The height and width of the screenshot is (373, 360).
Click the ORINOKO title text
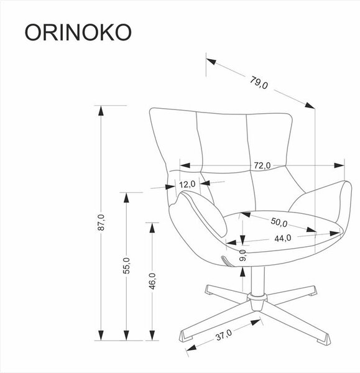pyautogui.click(x=78, y=32)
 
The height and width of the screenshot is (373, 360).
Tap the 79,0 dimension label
pyautogui.click(x=259, y=83)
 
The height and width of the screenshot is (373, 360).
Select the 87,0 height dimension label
pyautogui.click(x=101, y=223)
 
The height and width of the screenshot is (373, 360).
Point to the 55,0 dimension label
pyautogui.click(x=127, y=265)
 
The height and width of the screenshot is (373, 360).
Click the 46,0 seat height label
pyautogui.click(x=152, y=281)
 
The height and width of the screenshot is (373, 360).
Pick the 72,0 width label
pyautogui.click(x=262, y=165)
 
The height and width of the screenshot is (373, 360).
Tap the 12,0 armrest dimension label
pyautogui.click(x=187, y=185)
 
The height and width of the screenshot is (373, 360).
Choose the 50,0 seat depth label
pyautogui.click(x=279, y=222)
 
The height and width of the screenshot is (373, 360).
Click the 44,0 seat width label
pyautogui.click(x=283, y=238)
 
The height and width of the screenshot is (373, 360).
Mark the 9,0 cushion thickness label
pyautogui.click(x=242, y=256)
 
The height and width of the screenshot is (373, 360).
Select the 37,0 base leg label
pyautogui.click(x=224, y=335)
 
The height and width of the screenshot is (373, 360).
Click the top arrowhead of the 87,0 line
pyautogui.click(x=101, y=111)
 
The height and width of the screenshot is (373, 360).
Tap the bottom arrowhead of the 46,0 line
pyautogui.click(x=152, y=336)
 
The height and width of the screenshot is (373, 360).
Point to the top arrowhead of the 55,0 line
pyautogui.click(x=127, y=198)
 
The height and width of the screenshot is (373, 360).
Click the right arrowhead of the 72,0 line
pyautogui.click(x=339, y=165)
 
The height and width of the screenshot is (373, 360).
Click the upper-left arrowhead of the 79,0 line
pyautogui.click(x=211, y=62)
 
